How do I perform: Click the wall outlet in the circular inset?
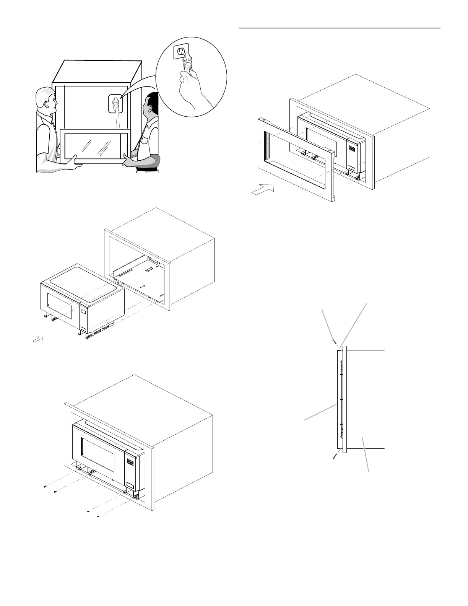coord(181,51)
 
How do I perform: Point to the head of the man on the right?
coord(151,106)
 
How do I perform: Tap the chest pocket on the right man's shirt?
coord(145,140)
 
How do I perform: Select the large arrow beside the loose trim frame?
coord(263,189)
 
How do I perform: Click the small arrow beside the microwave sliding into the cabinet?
coord(38,339)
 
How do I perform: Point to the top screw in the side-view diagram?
coord(333,340)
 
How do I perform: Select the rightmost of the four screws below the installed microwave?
coord(98,517)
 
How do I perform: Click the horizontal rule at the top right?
coord(340,28)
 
